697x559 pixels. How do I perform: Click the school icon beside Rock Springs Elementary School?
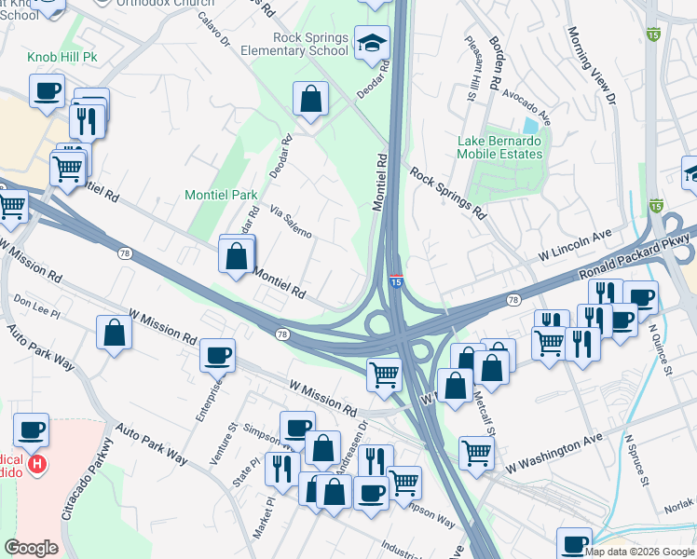[x=372, y=44]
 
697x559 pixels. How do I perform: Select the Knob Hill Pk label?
[x=62, y=58]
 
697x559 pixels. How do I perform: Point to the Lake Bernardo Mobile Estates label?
[x=499, y=147]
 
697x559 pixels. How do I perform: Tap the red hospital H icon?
[x=37, y=464]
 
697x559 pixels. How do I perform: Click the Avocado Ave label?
[x=526, y=107]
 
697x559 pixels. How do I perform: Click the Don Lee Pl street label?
[x=36, y=303]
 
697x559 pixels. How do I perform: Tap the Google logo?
[x=31, y=547]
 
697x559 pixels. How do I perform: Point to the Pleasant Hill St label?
[x=473, y=71]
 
